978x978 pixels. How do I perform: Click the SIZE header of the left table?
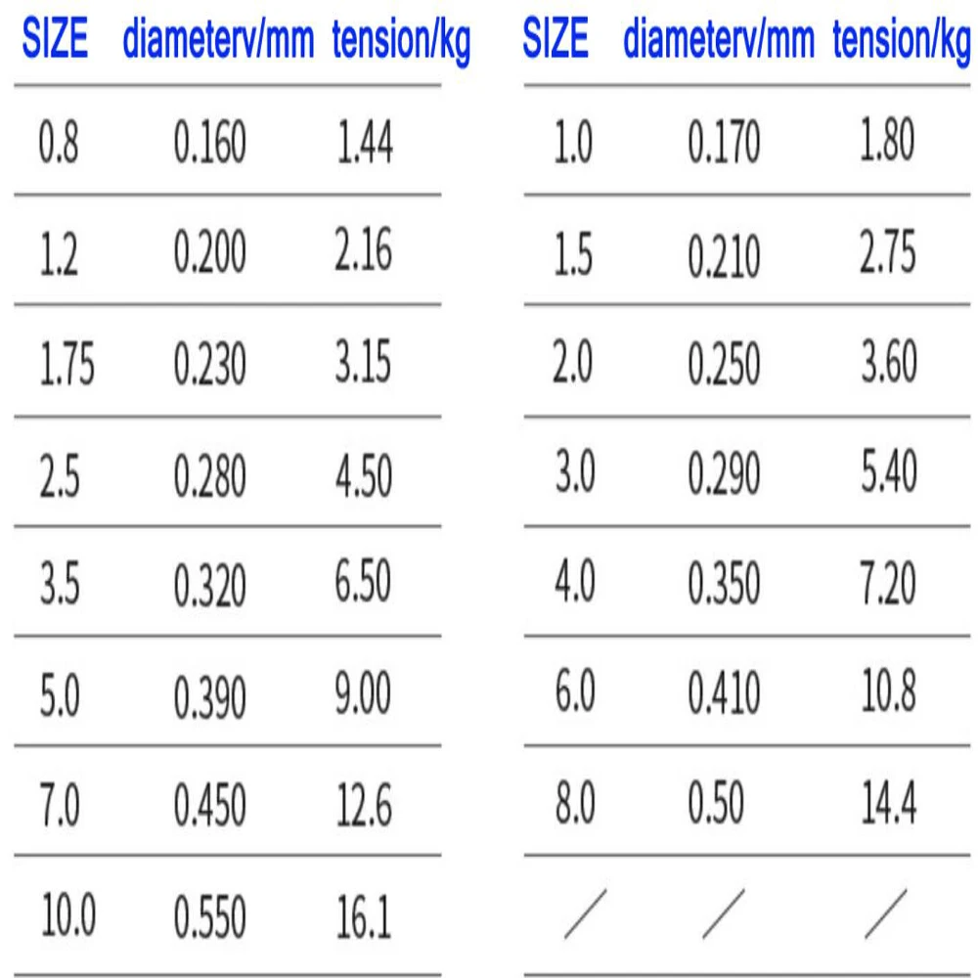click(x=56, y=41)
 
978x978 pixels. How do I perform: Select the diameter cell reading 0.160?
click(x=210, y=144)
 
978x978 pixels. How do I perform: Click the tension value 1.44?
click(x=365, y=144)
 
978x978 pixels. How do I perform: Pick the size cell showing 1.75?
click(x=67, y=365)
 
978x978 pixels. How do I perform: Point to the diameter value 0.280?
click(x=210, y=476)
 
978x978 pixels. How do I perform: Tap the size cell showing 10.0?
click(x=68, y=917)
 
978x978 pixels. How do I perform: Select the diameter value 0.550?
click(x=210, y=917)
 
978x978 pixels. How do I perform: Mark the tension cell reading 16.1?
click(x=363, y=917)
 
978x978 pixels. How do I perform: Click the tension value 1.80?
click(x=888, y=143)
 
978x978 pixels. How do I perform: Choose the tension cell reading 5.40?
click(x=888, y=474)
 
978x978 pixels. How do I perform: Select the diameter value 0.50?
click(x=715, y=805)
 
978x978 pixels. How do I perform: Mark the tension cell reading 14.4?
click(x=888, y=805)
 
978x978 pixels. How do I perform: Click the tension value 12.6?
click(x=363, y=807)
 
